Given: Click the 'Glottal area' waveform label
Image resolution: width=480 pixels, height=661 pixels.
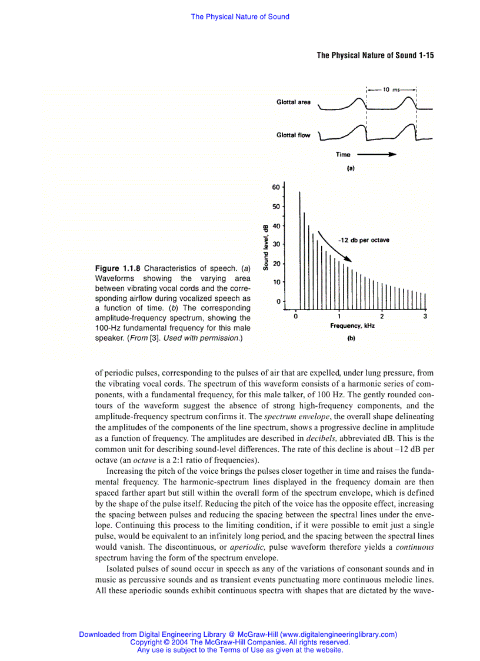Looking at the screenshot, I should [x=294, y=102].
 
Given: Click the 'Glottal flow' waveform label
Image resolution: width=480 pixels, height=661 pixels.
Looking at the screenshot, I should [x=294, y=135].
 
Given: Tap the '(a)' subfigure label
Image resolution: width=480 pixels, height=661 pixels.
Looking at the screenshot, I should [x=351, y=168].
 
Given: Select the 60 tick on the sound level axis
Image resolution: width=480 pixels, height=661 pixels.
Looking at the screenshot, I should [x=276, y=188].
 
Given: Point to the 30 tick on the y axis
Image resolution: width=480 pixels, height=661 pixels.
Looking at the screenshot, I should [x=276, y=244].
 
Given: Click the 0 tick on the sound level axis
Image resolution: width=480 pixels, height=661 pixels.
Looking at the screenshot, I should [x=278, y=301].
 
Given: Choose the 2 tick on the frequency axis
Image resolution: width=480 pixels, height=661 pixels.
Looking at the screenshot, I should [x=382, y=317].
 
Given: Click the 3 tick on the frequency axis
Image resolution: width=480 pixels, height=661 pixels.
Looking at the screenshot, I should [x=425, y=317].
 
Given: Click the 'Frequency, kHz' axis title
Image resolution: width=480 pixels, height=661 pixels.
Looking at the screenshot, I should [x=352, y=325].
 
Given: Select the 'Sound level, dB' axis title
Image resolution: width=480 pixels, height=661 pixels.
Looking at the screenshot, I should [x=266, y=247].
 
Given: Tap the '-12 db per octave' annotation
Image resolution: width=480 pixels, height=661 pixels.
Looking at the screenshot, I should [x=364, y=240].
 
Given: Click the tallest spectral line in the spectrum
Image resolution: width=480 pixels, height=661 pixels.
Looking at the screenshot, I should [x=300, y=247].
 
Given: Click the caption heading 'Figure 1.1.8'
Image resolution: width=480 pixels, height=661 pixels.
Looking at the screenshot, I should [x=118, y=268].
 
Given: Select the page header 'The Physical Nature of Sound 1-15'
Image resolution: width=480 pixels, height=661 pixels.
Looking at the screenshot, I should [x=375, y=55].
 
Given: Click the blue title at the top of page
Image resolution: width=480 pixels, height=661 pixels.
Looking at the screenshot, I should [x=240, y=16].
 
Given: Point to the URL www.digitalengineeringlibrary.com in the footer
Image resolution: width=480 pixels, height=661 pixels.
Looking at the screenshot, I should [x=338, y=635].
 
